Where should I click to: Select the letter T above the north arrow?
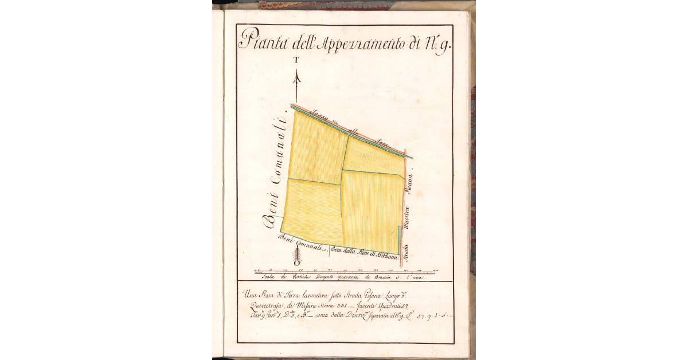point(296,60)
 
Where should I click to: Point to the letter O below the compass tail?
point(296,263)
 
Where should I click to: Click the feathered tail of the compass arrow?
point(296,252)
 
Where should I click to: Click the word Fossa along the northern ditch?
point(319,116)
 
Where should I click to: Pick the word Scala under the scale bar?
point(269,276)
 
